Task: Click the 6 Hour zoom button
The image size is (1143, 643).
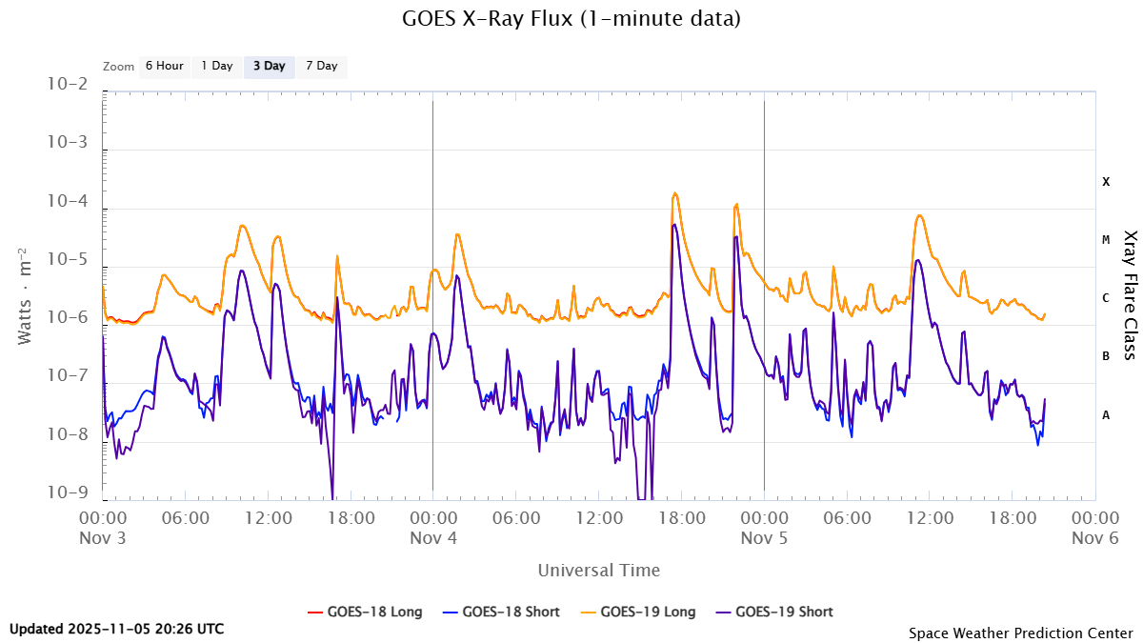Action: [164, 67]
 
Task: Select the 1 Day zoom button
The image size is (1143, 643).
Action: [216, 67]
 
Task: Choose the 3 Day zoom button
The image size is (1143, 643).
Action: [269, 67]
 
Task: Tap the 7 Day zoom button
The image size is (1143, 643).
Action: [321, 67]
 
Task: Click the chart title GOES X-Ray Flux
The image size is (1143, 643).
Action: [571, 18]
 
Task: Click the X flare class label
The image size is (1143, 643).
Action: [1106, 181]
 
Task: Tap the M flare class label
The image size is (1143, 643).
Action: [1106, 240]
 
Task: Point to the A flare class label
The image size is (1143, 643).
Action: [1106, 415]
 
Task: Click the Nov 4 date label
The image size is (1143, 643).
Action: [433, 538]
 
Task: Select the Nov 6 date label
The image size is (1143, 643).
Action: [1094, 538]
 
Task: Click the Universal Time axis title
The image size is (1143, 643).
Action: [598, 571]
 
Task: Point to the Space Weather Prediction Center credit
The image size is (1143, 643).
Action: [1020, 633]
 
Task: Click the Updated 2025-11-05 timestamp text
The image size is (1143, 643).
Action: [117, 629]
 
